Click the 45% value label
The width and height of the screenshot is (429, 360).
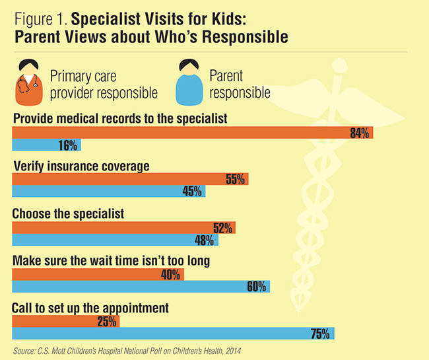click(193, 191)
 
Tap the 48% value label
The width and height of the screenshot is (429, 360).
click(205, 240)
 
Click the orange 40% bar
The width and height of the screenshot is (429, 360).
click(98, 274)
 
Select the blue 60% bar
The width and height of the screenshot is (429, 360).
click(141, 286)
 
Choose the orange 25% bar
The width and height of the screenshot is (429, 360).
click(66, 322)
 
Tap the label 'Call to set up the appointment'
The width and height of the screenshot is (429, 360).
click(92, 308)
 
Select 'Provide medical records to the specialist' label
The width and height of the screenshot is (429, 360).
click(120, 119)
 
